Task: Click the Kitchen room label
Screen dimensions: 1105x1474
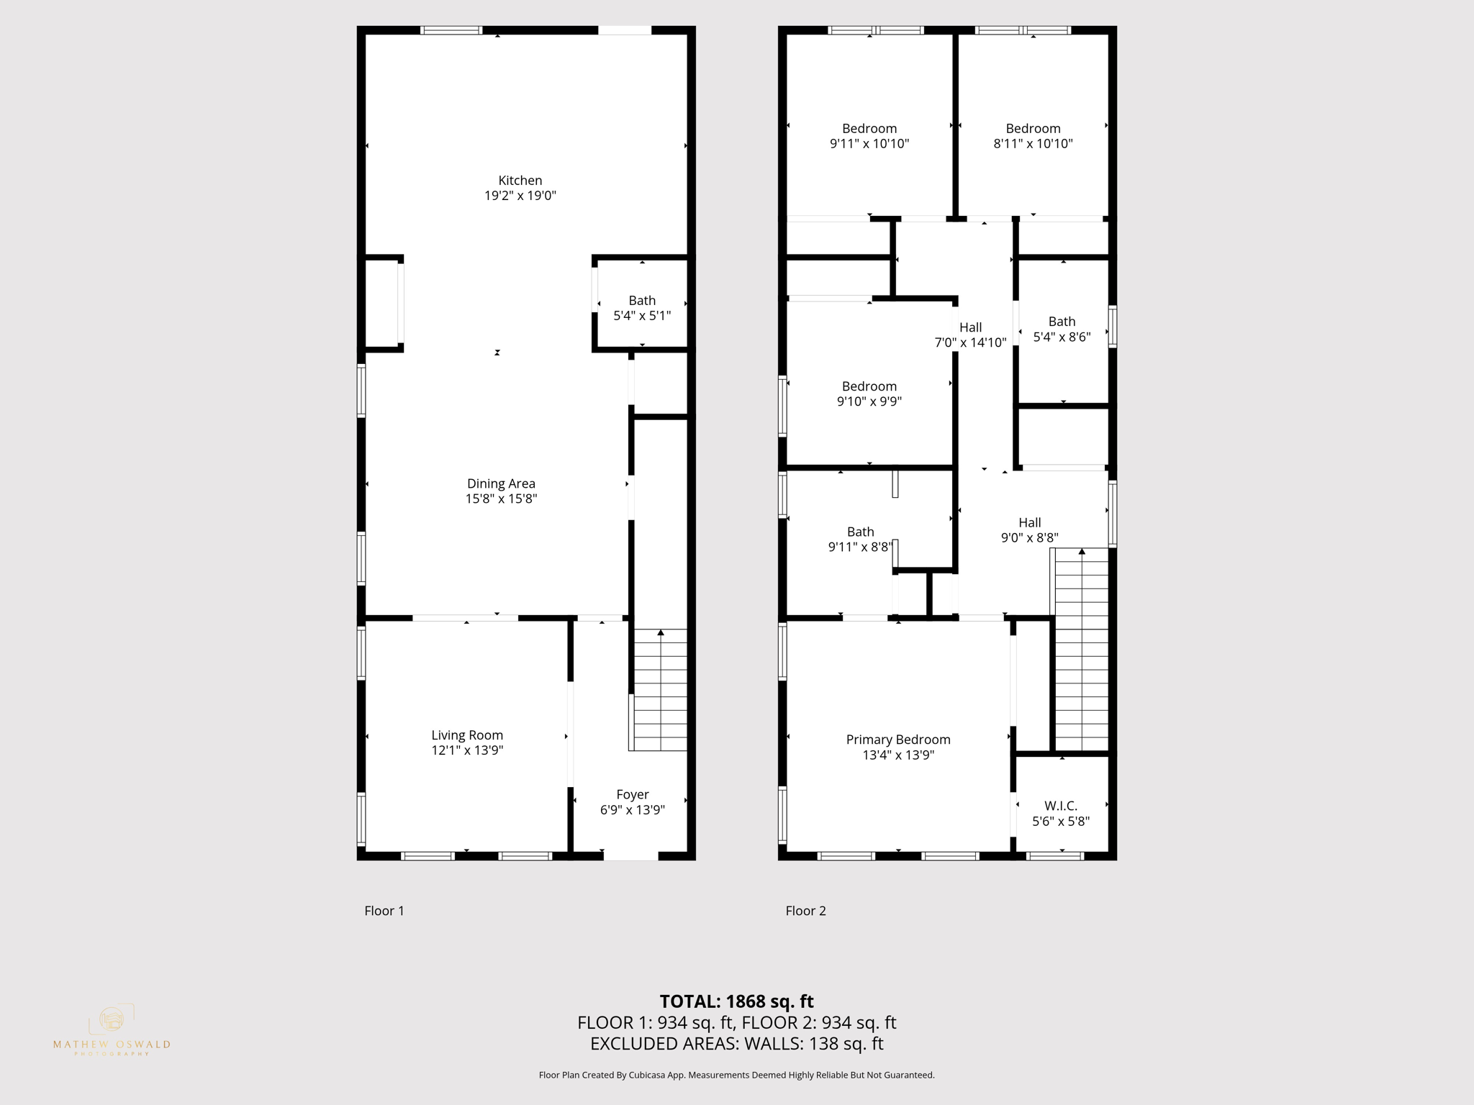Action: [x=520, y=181]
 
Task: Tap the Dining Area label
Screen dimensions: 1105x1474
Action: [x=501, y=484]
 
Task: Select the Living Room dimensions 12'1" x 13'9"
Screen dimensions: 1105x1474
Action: [x=467, y=750]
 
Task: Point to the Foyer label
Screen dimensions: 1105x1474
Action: [x=632, y=795]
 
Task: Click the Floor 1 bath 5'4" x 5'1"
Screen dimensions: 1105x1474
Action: [x=642, y=308]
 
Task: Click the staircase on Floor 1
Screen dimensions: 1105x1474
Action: [x=660, y=691]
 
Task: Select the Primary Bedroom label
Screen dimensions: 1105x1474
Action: [x=898, y=740]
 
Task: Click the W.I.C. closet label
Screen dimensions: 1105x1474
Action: [x=1061, y=806]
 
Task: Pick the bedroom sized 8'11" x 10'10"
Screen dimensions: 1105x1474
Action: [x=1033, y=136]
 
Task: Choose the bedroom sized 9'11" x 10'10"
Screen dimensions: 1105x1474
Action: [x=869, y=136]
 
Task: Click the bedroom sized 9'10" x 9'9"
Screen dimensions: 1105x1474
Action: [x=869, y=394]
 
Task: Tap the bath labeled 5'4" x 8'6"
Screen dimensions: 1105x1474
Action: [x=1062, y=329]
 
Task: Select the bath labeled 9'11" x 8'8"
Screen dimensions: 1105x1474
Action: [x=860, y=540]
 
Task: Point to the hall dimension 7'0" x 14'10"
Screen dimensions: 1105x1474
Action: [x=970, y=342]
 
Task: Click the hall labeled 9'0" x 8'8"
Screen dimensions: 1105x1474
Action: [x=1029, y=530]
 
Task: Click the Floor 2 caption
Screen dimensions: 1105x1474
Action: [x=805, y=911]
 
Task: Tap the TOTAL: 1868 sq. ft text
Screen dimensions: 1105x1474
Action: [x=736, y=1001]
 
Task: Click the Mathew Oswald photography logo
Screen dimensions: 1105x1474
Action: [x=112, y=1029]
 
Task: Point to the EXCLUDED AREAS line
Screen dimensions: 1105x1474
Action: [x=736, y=1044]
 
